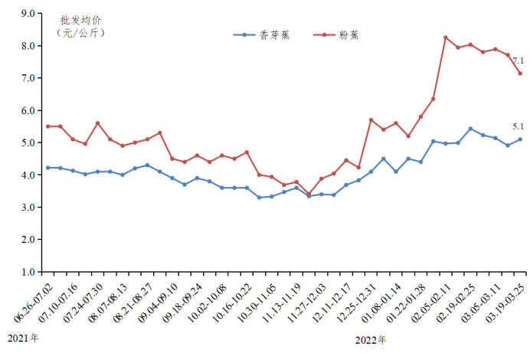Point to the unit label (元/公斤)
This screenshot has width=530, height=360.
80,33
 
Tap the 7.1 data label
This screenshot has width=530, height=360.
518,61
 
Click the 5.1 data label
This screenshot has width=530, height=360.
518,126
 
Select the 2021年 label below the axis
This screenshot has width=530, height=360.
23,338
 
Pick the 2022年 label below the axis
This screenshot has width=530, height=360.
371,339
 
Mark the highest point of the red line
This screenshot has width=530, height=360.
446,38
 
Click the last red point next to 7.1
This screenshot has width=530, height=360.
520,74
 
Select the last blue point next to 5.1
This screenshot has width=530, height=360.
520,139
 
